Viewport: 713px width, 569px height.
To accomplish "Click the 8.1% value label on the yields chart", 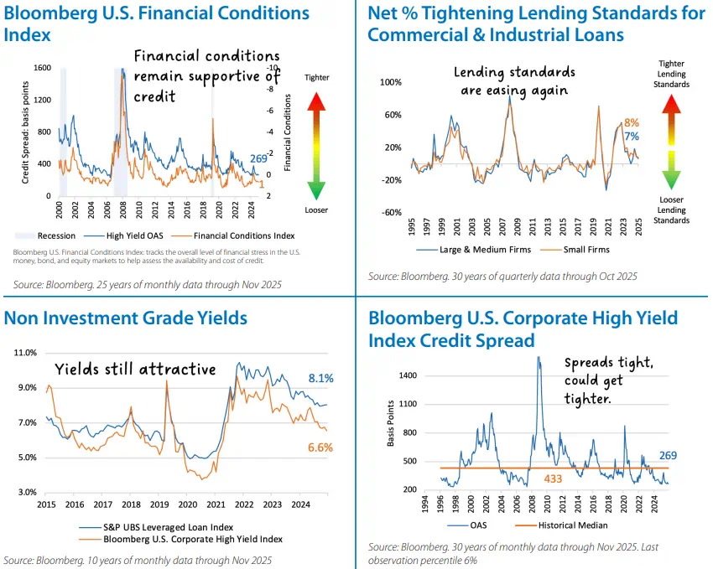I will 320,379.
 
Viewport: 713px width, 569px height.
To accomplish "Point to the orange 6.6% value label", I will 320,447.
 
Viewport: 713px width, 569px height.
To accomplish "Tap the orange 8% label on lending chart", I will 632,122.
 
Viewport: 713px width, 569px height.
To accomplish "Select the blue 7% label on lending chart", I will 632,137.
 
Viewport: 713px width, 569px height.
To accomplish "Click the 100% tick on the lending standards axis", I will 391,82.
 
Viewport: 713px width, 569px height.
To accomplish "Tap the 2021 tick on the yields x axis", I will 216,505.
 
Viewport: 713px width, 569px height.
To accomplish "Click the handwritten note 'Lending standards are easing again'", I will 514,81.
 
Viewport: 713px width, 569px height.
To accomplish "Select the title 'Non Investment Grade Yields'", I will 126,318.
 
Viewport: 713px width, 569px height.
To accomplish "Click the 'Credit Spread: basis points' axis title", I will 25,131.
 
